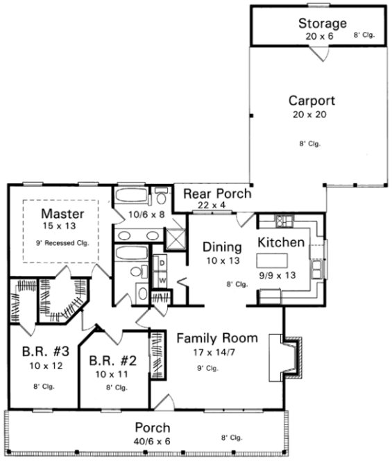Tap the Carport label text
pos(312,100)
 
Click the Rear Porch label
pos(216,194)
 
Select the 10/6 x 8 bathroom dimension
pos(148,215)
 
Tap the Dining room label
pos(221,246)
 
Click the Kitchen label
pos(281,242)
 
